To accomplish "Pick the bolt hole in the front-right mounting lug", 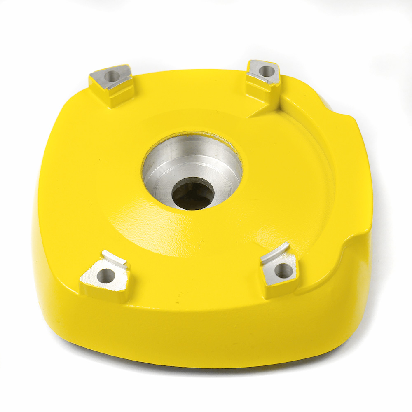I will [x=283, y=271].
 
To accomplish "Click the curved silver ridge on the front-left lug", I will [x=115, y=258].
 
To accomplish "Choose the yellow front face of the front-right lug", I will [x=280, y=290].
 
